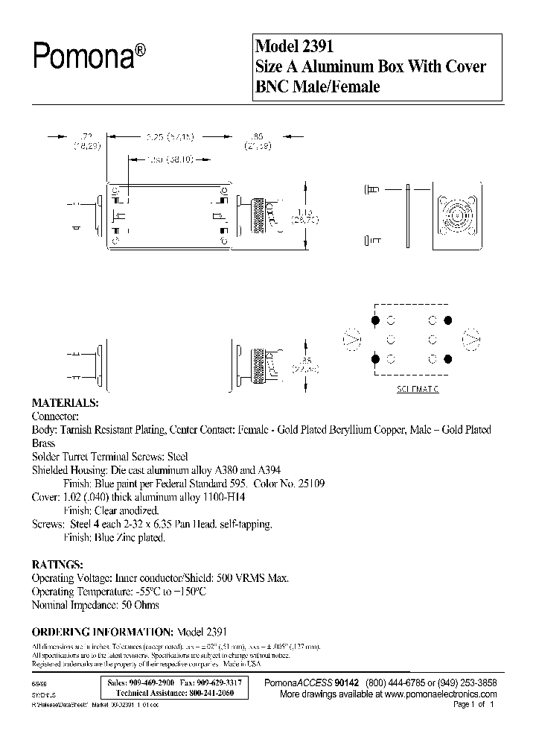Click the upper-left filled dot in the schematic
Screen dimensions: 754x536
coord(375,320)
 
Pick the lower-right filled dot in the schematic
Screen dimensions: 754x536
coord(448,359)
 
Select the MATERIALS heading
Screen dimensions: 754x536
coord(64,402)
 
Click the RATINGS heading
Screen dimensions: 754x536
coord(57,563)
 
